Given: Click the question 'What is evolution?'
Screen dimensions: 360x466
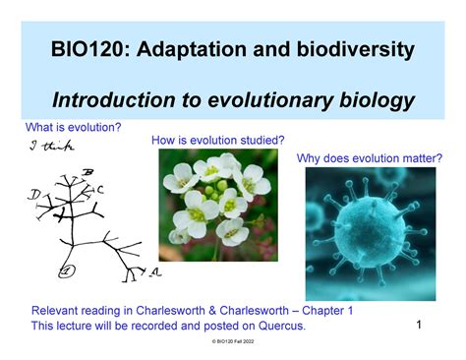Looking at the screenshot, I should (x=74, y=128).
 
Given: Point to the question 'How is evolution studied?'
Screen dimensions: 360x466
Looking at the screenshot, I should (x=218, y=141).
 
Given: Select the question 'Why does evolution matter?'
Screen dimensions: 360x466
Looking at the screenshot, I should (x=369, y=157).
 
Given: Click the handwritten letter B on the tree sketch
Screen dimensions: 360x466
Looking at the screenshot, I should (x=88, y=174).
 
